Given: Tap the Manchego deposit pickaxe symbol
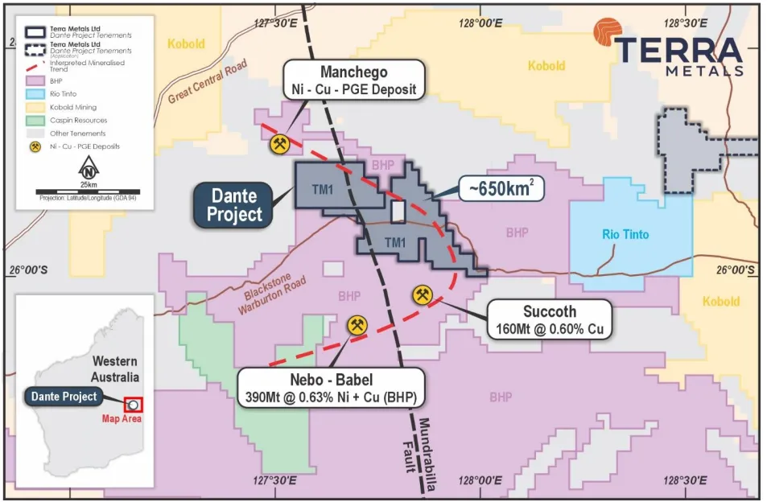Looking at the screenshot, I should pyautogui.click(x=279, y=145).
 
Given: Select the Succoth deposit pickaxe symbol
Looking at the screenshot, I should pyautogui.click(x=423, y=294).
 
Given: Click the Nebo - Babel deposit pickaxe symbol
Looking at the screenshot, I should pyautogui.click(x=357, y=325).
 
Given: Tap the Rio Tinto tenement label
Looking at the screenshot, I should pyautogui.click(x=625, y=235).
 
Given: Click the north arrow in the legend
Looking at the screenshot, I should pyautogui.click(x=89, y=169).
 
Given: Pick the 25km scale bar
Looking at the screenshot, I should pyautogui.click(x=89, y=191).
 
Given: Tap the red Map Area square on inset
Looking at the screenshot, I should pyautogui.click(x=133, y=405).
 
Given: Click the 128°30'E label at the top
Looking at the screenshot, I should pyautogui.click(x=686, y=23).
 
